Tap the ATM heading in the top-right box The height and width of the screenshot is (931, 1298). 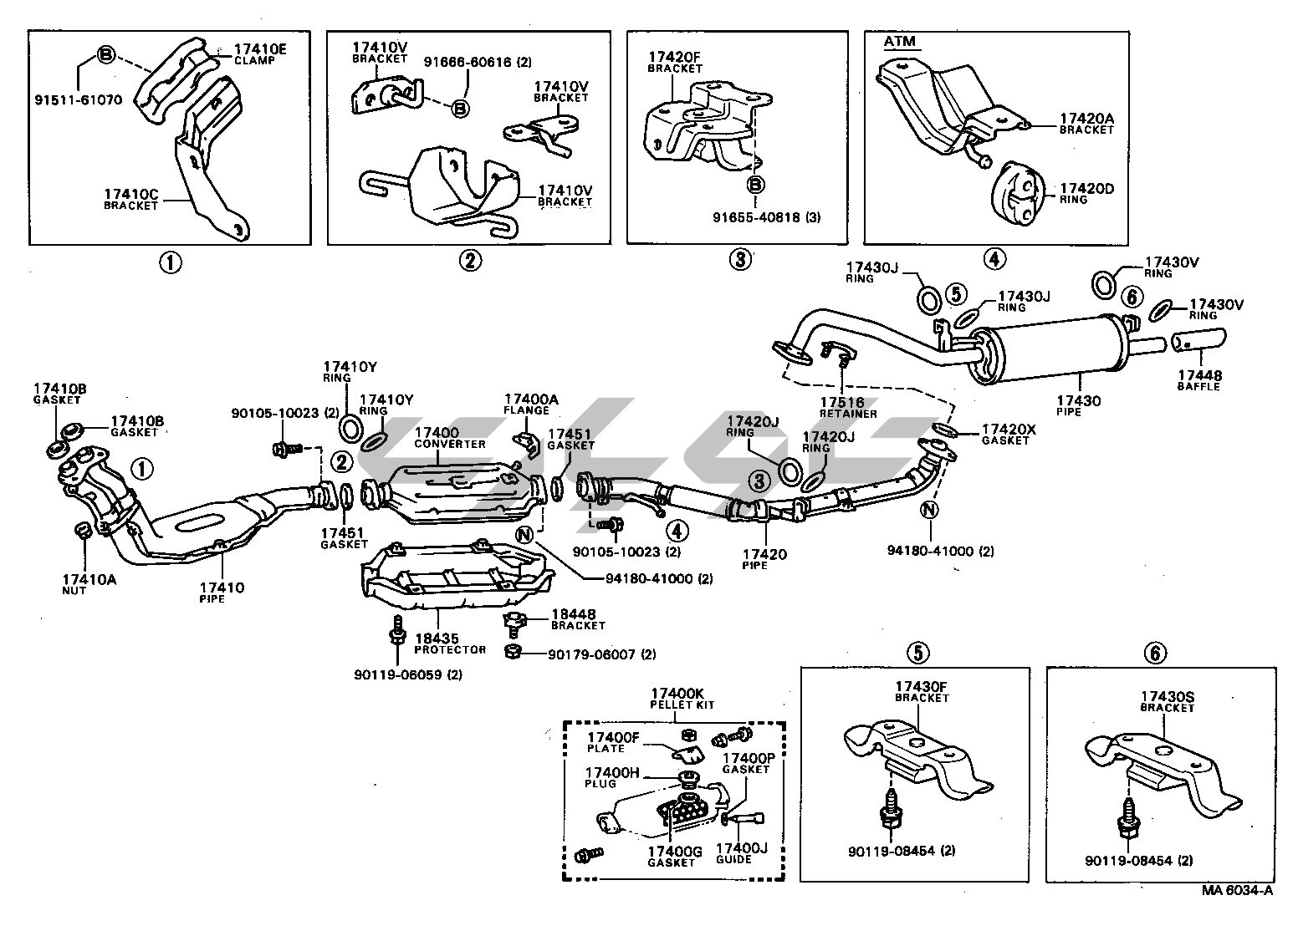[899, 41]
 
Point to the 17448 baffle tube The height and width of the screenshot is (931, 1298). [1198, 341]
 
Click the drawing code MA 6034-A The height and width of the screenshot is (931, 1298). [1238, 913]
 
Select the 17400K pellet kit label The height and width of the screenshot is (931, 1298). [677, 699]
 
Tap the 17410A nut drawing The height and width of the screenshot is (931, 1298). [83, 531]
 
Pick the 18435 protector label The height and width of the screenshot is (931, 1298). [450, 644]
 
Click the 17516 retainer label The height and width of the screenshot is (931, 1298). [848, 407]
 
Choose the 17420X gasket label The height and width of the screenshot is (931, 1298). [1009, 434]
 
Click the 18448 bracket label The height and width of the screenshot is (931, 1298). [577, 619]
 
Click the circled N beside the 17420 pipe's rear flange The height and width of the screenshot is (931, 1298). [929, 509]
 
